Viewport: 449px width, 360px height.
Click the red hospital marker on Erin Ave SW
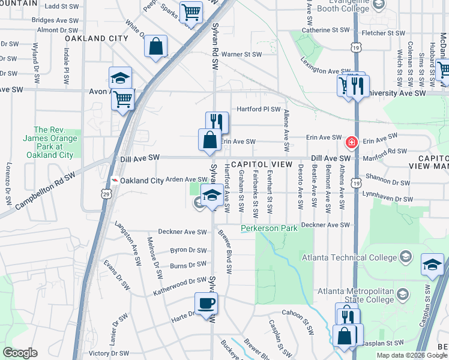(x=351, y=143)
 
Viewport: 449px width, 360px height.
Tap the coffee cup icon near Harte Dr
(x=206, y=303)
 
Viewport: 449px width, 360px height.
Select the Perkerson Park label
(x=270, y=229)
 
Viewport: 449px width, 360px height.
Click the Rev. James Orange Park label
(x=49, y=142)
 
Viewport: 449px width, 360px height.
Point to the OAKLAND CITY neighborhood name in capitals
(x=97, y=38)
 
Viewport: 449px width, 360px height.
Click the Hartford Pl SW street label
(x=259, y=109)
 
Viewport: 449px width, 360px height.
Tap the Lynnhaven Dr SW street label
(x=388, y=199)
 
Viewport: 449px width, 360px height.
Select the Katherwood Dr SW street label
(x=180, y=281)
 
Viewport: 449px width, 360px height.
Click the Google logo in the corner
(x=20, y=353)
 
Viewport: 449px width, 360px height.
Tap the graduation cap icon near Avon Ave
(x=120, y=77)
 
